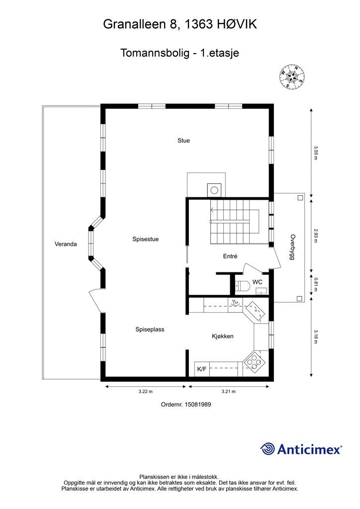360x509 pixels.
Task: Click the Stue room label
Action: tap(183, 141)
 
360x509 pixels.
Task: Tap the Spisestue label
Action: tap(145, 239)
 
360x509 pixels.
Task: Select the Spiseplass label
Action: tap(150, 330)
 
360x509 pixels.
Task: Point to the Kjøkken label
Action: tap(222, 337)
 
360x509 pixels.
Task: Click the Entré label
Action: tap(230, 256)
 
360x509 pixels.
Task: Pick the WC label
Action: tap(258, 282)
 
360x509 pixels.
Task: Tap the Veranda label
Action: tap(66, 244)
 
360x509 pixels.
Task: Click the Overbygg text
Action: tap(293, 247)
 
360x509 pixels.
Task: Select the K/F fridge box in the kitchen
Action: tap(202, 369)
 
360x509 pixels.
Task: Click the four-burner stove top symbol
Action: tap(254, 361)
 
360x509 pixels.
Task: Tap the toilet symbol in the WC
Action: tap(242, 286)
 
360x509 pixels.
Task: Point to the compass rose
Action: tap(292, 76)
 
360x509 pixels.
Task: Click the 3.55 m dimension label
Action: tap(315, 153)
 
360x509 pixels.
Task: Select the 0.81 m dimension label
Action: tap(315, 284)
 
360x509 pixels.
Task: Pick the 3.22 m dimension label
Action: tap(145, 392)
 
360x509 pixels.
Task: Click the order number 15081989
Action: tap(198, 405)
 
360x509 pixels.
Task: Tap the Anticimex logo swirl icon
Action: tap(268, 449)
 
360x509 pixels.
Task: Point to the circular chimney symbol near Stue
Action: tap(214, 190)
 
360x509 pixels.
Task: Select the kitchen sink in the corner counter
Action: tap(255, 311)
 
